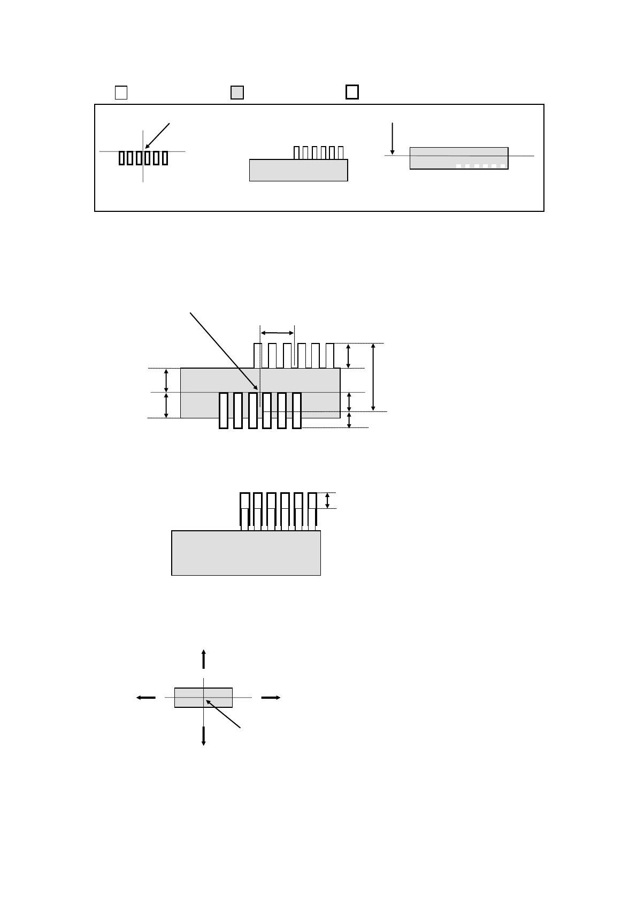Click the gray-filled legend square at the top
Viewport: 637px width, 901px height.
coord(237,93)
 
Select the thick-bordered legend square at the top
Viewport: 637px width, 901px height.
coord(352,92)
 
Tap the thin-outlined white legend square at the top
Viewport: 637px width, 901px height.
coord(121,93)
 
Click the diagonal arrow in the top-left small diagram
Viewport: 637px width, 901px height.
coord(157,136)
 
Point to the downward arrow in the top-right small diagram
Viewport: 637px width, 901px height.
coord(393,139)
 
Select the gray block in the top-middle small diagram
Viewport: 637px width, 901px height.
coord(298,170)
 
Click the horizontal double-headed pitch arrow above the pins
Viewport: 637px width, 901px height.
coord(277,333)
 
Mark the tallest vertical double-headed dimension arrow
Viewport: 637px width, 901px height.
coord(373,377)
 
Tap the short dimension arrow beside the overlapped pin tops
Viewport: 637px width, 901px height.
coord(327,500)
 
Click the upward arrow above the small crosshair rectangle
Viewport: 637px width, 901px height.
coord(203,659)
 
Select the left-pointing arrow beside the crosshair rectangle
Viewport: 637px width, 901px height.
coord(145,698)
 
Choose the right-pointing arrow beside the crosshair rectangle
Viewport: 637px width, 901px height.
coord(271,698)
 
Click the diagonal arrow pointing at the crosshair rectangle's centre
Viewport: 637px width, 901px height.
coord(223,714)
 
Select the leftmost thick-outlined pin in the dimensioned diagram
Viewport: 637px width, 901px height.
coord(224,410)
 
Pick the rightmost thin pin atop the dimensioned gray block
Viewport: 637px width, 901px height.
coord(330,356)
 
